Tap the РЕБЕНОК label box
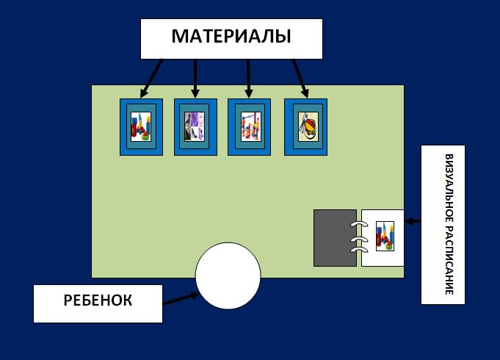pyautogui.click(x=98, y=302)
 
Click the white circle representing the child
pyautogui.click(x=228, y=276)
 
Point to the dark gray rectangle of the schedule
pyautogui.click(x=335, y=238)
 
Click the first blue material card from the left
pyautogui.click(x=141, y=126)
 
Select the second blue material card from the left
pyautogui.click(x=195, y=126)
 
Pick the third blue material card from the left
pyautogui.click(x=249, y=126)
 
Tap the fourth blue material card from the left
pyautogui.click(x=306, y=126)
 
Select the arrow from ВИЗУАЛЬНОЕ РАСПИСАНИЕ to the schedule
pyautogui.click(x=413, y=220)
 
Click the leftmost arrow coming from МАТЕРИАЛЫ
pyautogui.click(x=153, y=78)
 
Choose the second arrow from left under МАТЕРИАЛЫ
pyautogui.click(x=195, y=78)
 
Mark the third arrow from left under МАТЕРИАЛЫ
pyautogui.click(x=248, y=78)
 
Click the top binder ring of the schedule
pyautogui.click(x=359, y=224)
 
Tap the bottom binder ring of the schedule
pyautogui.click(x=359, y=251)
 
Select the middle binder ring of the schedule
pyautogui.click(x=359, y=238)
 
